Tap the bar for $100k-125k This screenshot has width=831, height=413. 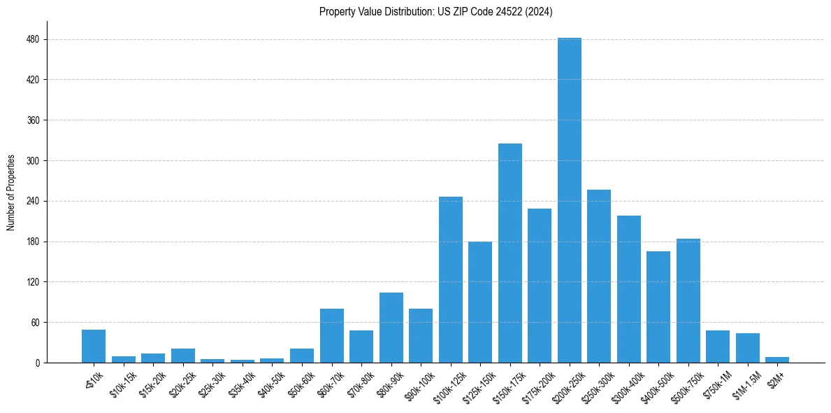(x=450, y=280)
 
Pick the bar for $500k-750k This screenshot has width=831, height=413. (x=688, y=301)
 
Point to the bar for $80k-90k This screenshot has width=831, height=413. (x=391, y=328)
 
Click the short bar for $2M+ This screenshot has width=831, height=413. (x=776, y=360)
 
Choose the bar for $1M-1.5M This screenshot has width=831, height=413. (x=747, y=348)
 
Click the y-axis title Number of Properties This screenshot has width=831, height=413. (x=11, y=192)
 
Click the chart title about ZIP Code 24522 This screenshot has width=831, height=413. (x=436, y=12)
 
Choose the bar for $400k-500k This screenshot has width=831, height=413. (x=658, y=307)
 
